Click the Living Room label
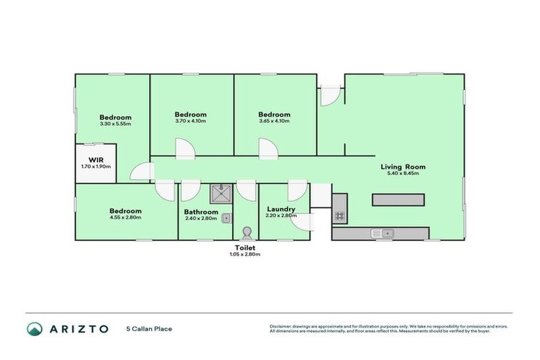tap(403, 167)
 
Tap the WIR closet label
tap(96, 160)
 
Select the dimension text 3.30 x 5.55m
tap(115, 124)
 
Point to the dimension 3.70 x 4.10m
tap(191, 121)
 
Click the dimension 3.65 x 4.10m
tap(274, 121)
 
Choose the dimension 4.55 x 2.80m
tap(125, 217)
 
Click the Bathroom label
tap(201, 211)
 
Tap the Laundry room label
tap(281, 210)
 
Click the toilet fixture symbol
tap(246, 232)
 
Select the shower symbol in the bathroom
tap(221, 193)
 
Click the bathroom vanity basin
tap(226, 219)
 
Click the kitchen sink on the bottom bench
tap(382, 233)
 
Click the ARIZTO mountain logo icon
tap(34, 328)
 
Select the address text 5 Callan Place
tap(149, 328)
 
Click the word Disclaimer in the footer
tap(281, 326)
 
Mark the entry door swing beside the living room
tap(329, 96)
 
